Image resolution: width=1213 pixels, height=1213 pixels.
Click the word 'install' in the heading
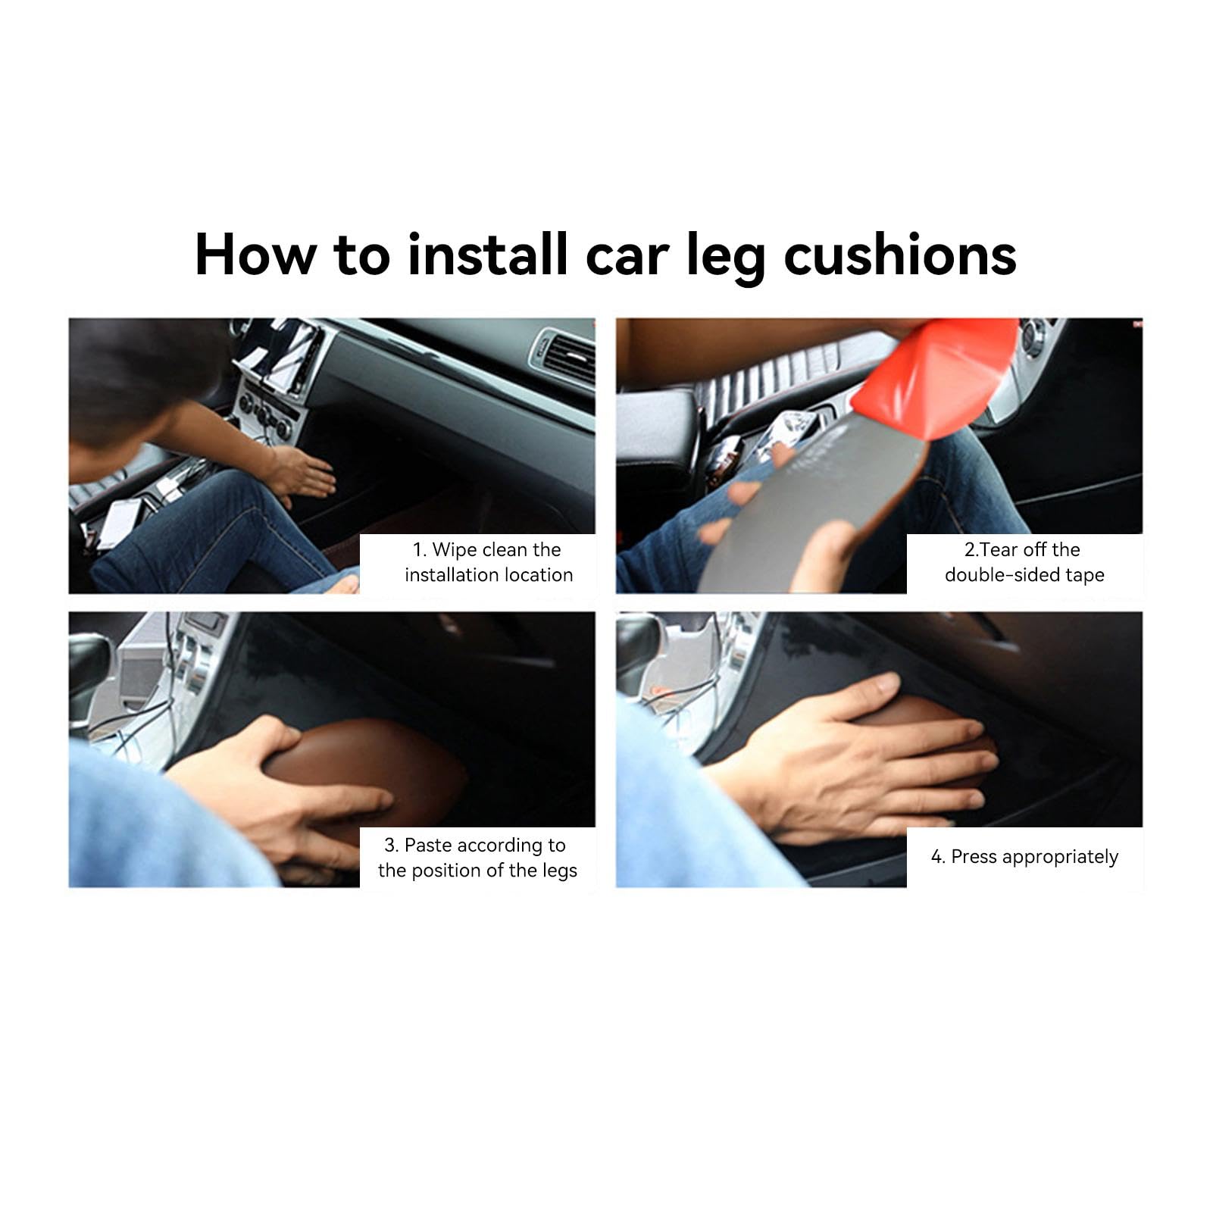487,255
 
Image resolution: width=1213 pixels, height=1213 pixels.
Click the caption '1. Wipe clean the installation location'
487,562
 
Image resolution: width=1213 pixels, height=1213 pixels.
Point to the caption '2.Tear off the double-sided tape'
1024,562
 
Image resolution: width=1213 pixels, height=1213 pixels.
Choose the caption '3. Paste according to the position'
477,858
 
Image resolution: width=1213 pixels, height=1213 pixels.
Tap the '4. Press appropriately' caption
1024,857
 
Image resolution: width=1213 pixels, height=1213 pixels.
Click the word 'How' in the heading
255,255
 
